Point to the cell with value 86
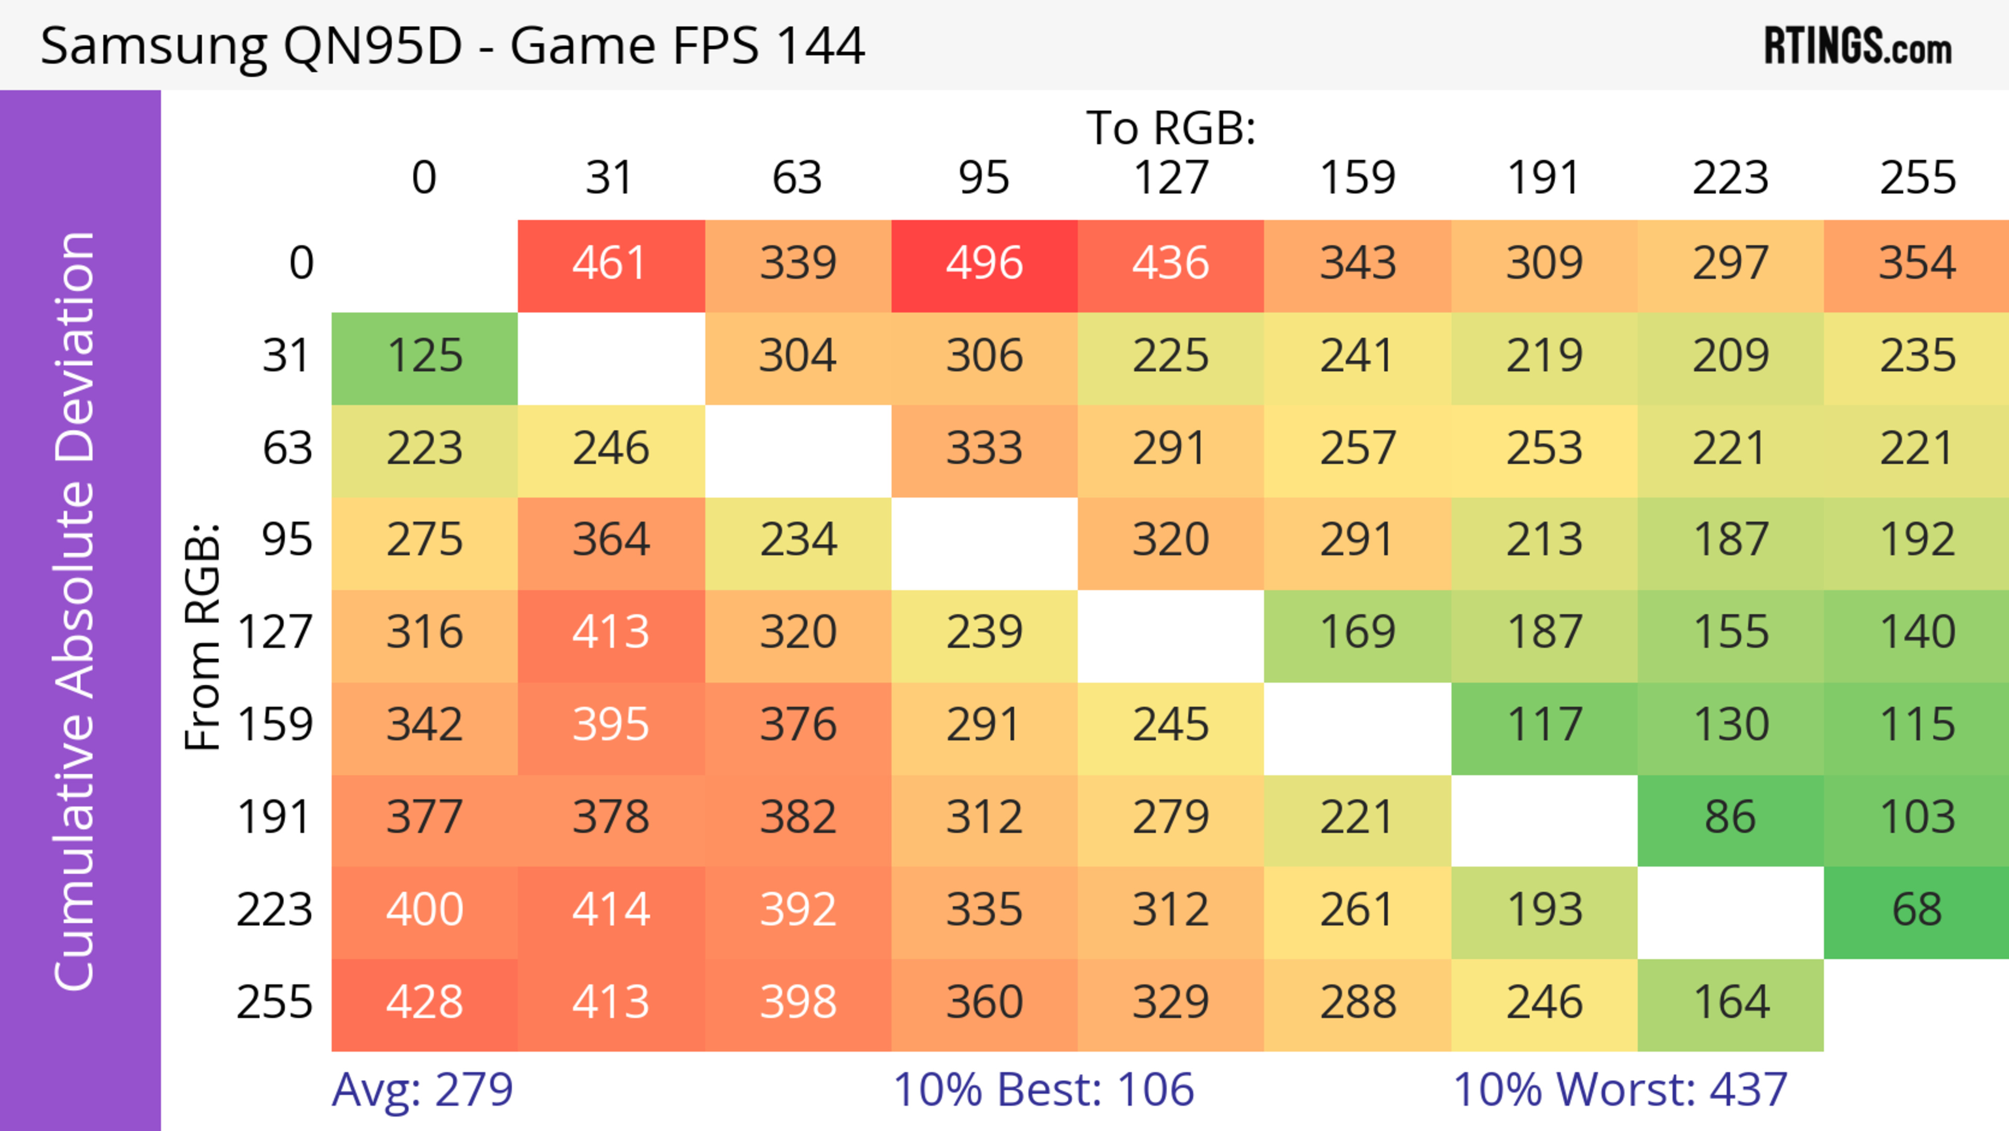pyautogui.click(x=1730, y=818)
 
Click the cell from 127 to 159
pyautogui.click(x=1357, y=633)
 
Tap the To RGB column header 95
pyautogui.click(x=984, y=178)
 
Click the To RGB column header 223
pyautogui.click(x=1730, y=178)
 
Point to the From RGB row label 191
pyautogui.click(x=275, y=818)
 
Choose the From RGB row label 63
pyautogui.click(x=287, y=449)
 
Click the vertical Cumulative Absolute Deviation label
pyautogui.click(x=76, y=611)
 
